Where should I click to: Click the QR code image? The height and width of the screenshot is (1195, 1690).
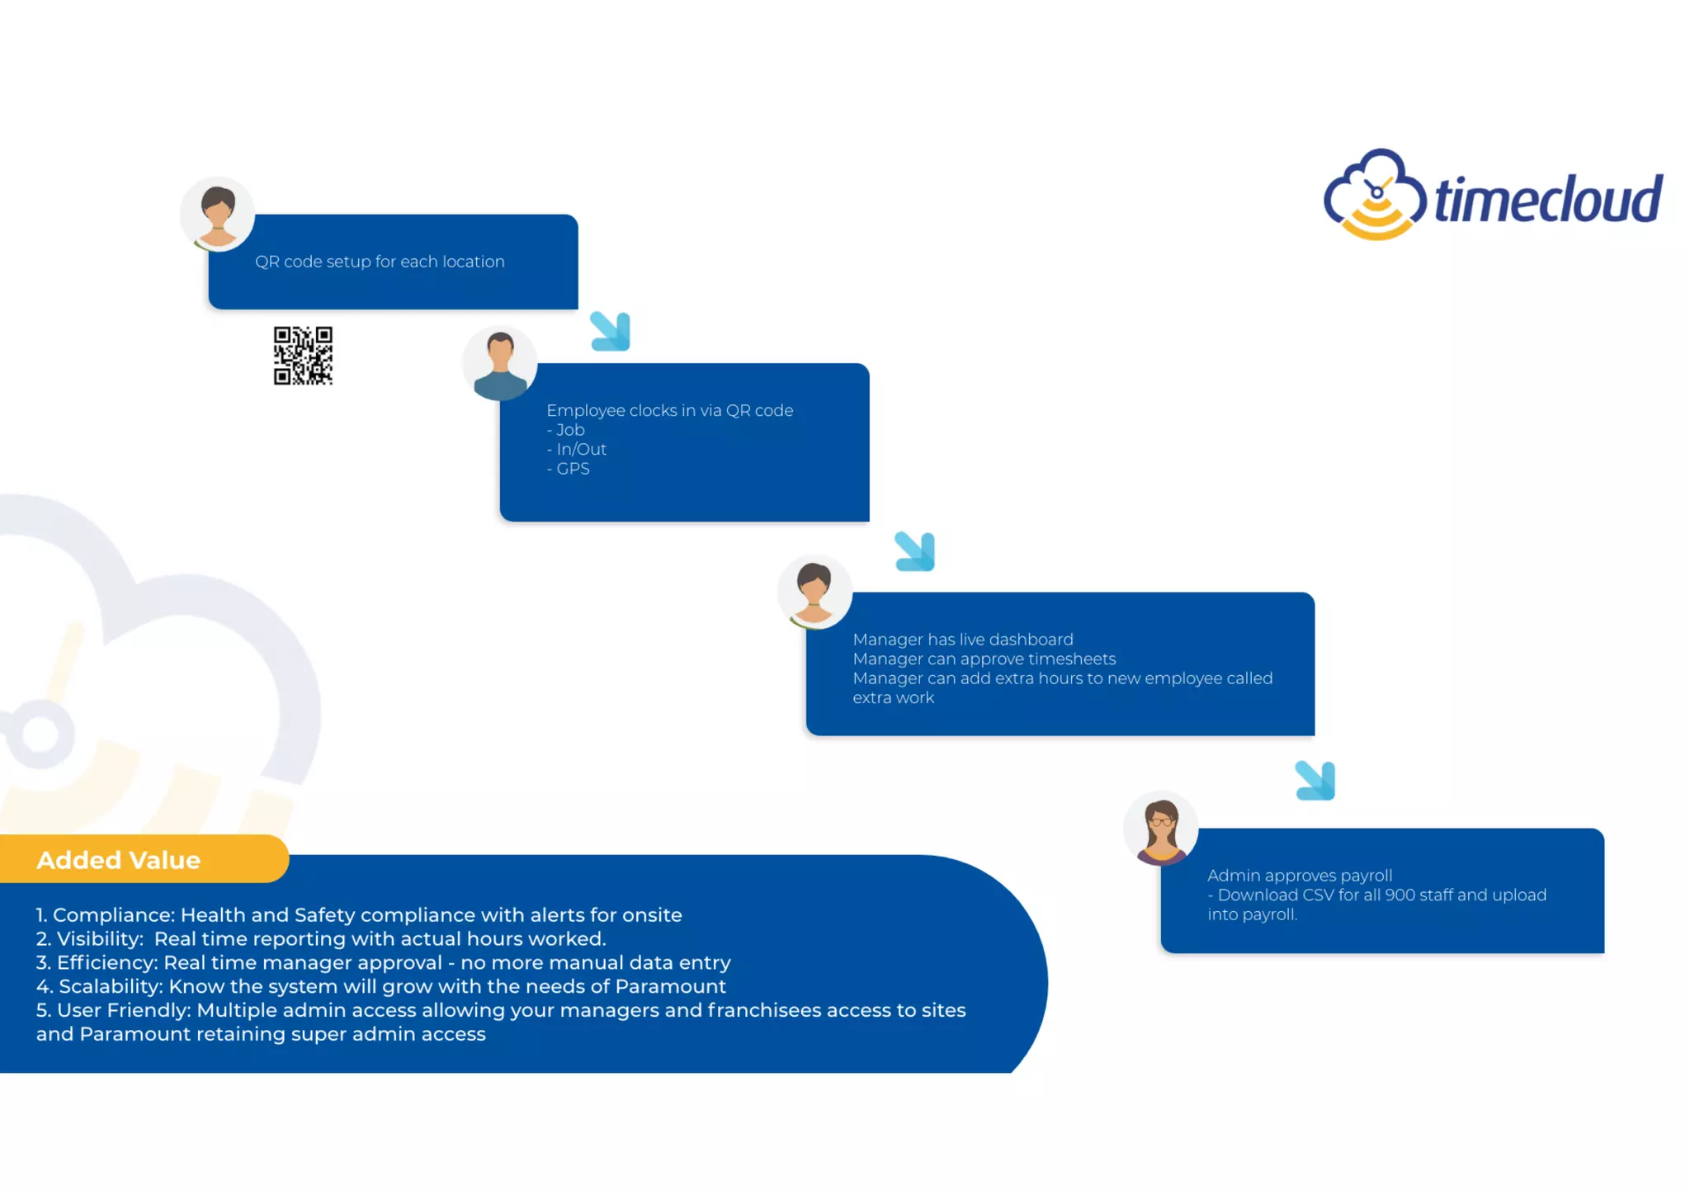(x=303, y=356)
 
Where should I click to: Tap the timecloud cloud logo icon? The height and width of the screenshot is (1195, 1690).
(x=1374, y=196)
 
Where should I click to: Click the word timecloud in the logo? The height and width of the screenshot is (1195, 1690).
(x=1548, y=200)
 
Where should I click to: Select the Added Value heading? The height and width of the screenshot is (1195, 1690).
(x=119, y=860)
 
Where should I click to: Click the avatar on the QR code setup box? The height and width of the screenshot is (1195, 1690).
(x=218, y=214)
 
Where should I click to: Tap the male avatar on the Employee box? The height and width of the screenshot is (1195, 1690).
(x=500, y=363)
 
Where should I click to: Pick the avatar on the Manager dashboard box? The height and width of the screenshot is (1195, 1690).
(x=814, y=592)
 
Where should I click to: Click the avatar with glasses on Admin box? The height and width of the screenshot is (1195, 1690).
(x=1161, y=829)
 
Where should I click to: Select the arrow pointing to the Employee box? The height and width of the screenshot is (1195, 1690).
(x=611, y=331)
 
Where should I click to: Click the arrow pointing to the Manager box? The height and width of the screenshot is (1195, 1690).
(x=915, y=551)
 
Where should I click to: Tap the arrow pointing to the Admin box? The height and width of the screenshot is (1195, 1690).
(x=1315, y=781)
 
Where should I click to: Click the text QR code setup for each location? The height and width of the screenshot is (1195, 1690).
(x=380, y=262)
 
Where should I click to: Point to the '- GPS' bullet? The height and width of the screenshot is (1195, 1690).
(x=569, y=469)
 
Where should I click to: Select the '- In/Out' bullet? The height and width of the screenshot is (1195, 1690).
(x=577, y=449)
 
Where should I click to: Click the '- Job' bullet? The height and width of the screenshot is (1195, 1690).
(x=566, y=430)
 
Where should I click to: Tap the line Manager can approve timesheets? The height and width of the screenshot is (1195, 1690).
(x=984, y=659)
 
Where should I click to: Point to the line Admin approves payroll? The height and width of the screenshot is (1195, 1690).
(x=1300, y=876)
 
